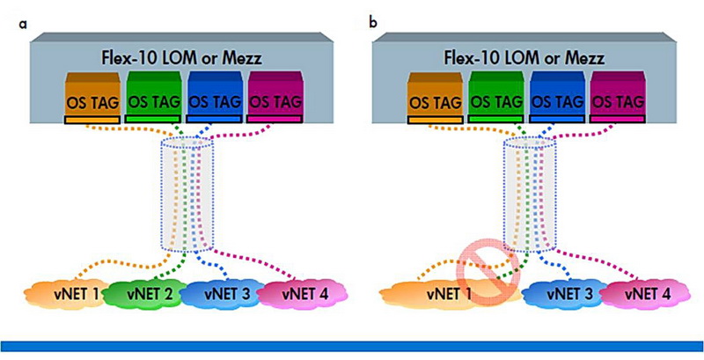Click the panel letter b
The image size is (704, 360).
click(x=374, y=20)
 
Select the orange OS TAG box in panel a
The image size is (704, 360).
click(x=96, y=99)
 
